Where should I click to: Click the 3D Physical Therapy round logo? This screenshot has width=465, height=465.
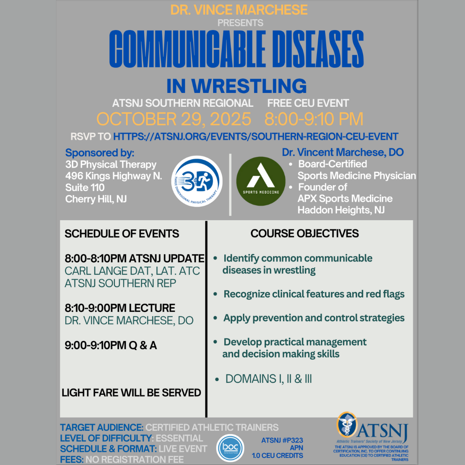coord(197,181)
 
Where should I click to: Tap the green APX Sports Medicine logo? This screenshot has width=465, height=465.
coord(260,181)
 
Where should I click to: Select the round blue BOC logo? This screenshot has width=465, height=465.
coord(230,448)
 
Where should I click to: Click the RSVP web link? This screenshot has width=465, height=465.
coord(256,136)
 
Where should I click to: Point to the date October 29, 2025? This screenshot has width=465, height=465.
coord(174,119)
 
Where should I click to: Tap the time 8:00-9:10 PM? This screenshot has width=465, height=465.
coord(314,119)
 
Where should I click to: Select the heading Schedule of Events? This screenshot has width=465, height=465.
coord(122,234)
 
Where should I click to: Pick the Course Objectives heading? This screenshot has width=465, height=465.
coord(304,233)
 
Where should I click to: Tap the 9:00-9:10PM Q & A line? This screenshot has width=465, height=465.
coord(111,345)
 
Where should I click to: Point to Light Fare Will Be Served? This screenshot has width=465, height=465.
coord(131,393)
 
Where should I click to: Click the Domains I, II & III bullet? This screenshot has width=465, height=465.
coord(268,379)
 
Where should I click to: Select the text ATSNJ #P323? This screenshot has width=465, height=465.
coord(282,440)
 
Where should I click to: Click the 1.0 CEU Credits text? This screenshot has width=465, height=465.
coord(278,456)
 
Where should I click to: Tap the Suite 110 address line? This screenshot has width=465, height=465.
coord(85,187)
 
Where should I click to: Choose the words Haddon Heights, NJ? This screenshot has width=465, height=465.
coord(341,210)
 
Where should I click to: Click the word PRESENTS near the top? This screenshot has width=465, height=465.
coord(240,23)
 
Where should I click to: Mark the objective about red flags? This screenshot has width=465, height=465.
coord(314,294)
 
